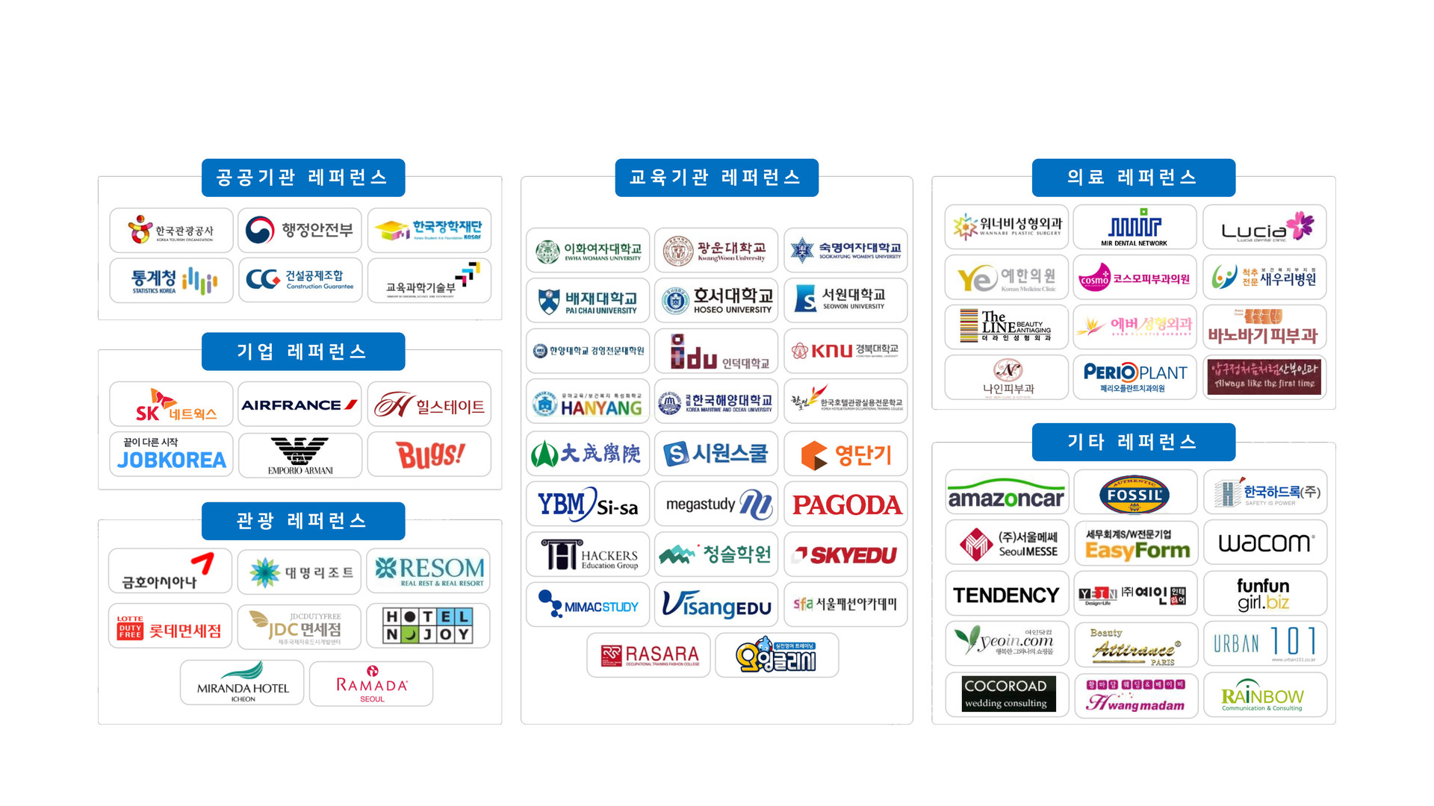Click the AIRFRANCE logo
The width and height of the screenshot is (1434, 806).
tap(299, 404)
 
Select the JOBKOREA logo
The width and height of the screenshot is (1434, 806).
tap(171, 454)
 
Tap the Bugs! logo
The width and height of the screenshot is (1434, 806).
tap(429, 454)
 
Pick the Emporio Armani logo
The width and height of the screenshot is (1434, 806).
tap(300, 455)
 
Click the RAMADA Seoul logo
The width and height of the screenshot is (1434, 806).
tap(371, 684)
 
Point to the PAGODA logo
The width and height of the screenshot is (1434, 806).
tap(846, 504)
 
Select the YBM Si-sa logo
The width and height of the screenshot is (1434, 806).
tap(588, 504)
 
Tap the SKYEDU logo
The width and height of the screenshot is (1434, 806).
tap(846, 554)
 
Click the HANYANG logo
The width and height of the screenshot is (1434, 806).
tap(588, 404)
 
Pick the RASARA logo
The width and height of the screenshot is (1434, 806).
tap(650, 655)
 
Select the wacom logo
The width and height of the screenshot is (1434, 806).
tap(1264, 543)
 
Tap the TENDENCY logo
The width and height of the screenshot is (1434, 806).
tap(1006, 595)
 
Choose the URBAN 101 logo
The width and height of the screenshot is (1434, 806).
tap(1264, 643)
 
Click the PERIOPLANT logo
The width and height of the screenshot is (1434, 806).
tap(1135, 377)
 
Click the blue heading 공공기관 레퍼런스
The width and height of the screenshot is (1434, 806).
tap(303, 178)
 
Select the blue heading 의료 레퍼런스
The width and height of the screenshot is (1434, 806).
tap(1133, 178)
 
